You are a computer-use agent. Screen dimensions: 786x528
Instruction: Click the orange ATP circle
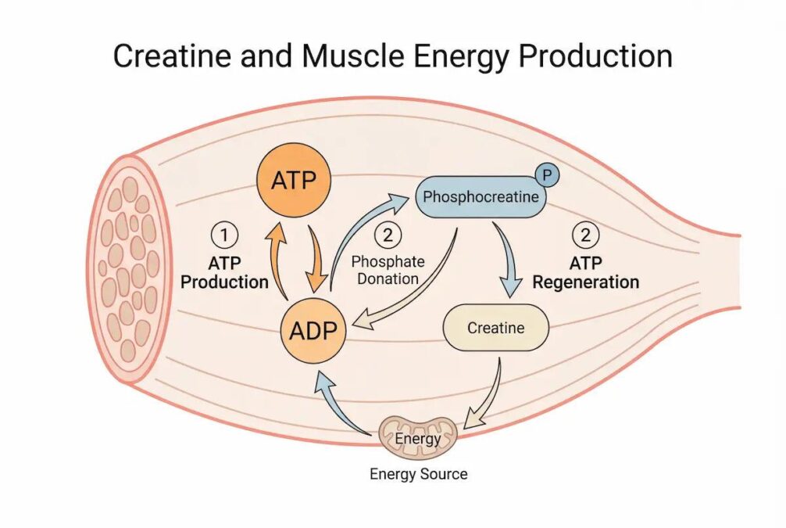click(294, 180)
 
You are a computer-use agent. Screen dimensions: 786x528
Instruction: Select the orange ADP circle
click(313, 330)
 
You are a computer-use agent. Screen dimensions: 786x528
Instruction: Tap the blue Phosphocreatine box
click(481, 197)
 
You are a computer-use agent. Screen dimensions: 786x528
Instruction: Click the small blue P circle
click(548, 174)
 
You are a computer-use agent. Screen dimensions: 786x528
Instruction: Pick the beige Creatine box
click(496, 328)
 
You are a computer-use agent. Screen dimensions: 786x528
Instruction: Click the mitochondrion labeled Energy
click(417, 438)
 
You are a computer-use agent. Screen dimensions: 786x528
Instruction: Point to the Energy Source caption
click(419, 474)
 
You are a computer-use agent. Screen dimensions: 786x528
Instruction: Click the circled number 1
click(224, 235)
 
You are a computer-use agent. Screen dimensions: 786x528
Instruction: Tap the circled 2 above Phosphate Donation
click(388, 235)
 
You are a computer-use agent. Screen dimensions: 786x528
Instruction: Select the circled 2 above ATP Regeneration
click(585, 235)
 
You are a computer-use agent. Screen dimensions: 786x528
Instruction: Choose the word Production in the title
click(595, 56)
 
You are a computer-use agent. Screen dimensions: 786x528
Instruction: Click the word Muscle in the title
click(353, 56)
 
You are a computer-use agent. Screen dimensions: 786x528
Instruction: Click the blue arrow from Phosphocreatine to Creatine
click(506, 258)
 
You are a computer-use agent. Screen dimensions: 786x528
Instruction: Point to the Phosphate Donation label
click(388, 270)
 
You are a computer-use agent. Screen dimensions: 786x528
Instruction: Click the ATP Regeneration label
click(585, 272)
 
